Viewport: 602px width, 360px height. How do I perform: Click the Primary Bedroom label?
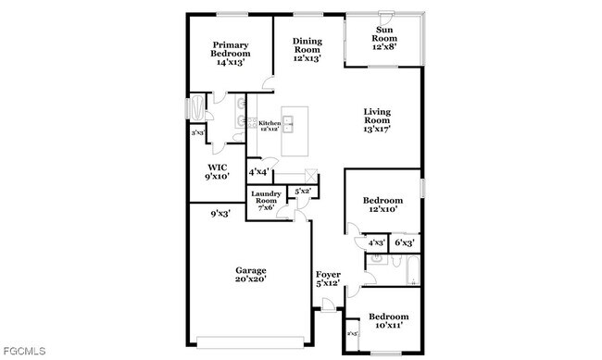point(232,54)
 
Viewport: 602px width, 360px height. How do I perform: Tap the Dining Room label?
point(307,49)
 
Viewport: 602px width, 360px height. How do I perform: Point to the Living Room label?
point(376,120)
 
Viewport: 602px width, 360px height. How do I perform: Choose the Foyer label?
point(328,279)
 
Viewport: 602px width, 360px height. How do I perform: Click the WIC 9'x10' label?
point(218,171)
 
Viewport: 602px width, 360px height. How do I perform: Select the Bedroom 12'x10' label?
point(382,205)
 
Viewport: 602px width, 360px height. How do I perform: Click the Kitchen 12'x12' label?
point(269,126)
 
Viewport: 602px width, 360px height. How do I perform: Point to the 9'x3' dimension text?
point(219,214)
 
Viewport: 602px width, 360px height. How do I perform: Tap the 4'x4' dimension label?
point(258,171)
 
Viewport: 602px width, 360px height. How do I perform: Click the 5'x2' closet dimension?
point(302,192)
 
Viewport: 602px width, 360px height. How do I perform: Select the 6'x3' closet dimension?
point(404,242)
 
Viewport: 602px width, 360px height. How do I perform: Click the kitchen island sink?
point(288,122)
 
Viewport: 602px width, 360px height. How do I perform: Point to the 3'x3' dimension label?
point(197,134)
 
